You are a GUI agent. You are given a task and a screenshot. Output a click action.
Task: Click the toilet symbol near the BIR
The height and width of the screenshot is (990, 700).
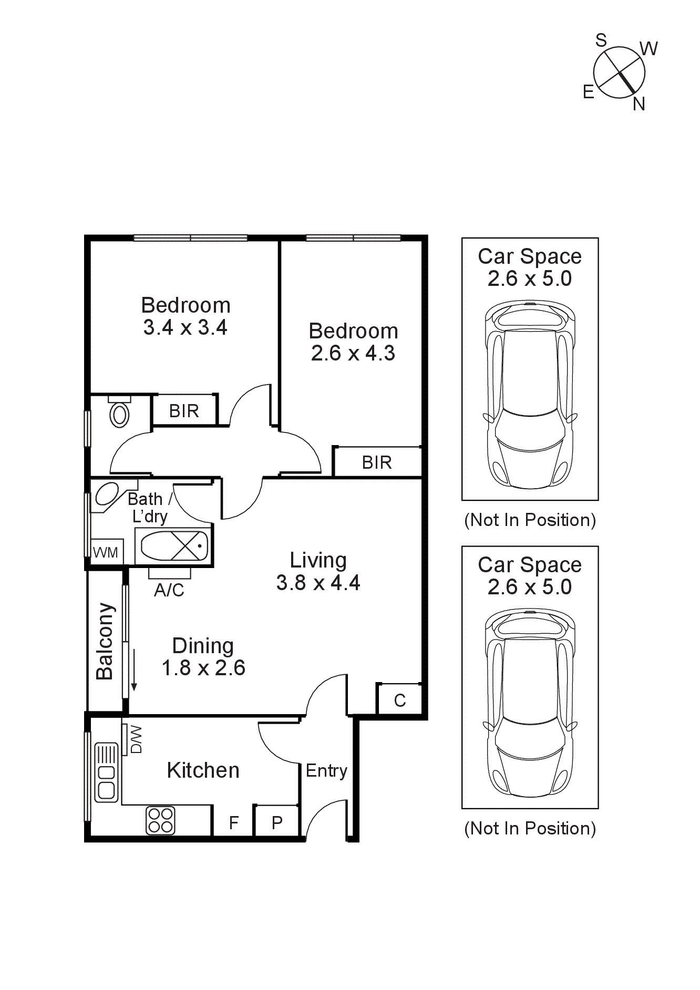click(x=120, y=414)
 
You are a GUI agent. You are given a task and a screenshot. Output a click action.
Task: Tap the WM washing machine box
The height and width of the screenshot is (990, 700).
click(x=106, y=552)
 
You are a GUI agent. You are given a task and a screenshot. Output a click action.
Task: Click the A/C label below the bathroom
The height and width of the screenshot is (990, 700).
click(x=169, y=591)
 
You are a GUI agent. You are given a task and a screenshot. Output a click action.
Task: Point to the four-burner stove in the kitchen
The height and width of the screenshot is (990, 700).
click(x=160, y=820)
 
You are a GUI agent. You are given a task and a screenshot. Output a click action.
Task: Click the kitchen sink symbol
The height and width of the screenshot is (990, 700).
click(x=107, y=772)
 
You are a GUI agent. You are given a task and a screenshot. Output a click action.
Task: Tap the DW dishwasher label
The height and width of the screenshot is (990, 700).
click(x=136, y=740)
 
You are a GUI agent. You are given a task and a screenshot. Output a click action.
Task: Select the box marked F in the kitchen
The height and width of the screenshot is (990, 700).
click(x=234, y=822)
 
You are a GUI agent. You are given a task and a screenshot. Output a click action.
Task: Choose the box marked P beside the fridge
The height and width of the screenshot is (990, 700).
click(x=277, y=822)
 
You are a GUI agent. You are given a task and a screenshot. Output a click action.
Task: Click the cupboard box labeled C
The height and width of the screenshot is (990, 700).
click(x=400, y=700)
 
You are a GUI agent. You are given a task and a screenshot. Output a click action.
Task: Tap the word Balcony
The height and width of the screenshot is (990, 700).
click(x=105, y=641)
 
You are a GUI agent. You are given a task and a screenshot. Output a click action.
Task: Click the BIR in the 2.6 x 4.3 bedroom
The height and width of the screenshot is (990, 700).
click(x=377, y=462)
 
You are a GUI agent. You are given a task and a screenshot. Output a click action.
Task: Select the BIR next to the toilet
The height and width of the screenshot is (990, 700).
click(x=184, y=411)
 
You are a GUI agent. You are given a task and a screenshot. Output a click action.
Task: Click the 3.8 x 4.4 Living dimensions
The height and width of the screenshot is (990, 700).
click(x=318, y=583)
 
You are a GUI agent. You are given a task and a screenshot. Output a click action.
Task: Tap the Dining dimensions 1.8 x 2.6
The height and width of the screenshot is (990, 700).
click(x=203, y=668)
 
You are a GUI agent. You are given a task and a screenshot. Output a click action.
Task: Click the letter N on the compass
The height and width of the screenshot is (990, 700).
click(x=639, y=104)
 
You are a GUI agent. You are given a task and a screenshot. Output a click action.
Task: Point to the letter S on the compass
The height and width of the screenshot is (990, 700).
click(x=601, y=40)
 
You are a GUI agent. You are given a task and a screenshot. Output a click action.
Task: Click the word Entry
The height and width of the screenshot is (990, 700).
click(x=326, y=771)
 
